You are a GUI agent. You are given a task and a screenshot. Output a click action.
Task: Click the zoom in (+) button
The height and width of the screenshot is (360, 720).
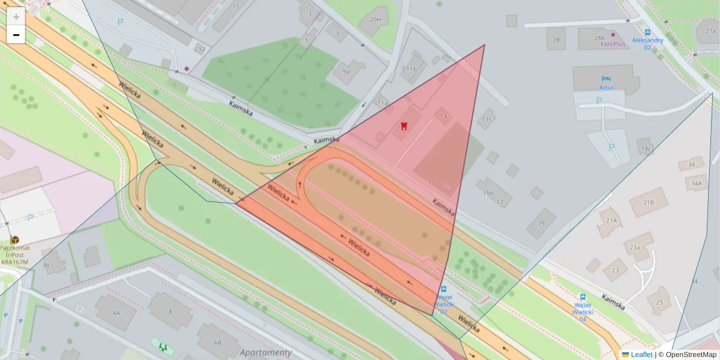tap(16, 17)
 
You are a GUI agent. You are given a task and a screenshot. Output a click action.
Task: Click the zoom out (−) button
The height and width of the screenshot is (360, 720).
tap(16, 35)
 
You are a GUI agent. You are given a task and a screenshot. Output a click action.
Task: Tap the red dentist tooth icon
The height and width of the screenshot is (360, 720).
tap(404, 126)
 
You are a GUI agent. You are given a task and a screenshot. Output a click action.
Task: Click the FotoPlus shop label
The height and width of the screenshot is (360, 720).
tap(613, 43)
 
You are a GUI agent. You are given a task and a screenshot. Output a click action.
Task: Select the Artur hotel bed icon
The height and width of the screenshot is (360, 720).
tap(606, 79)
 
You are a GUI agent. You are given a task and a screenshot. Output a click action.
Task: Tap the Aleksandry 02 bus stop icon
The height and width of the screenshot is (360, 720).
tap(647, 32)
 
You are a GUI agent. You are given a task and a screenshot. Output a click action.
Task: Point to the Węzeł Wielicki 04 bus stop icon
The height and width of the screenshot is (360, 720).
tap(582, 297)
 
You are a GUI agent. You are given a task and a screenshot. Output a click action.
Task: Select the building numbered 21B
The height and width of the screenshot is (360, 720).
tap(649, 202)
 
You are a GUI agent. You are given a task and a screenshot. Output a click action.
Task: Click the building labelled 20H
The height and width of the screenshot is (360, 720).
tap(375, 19)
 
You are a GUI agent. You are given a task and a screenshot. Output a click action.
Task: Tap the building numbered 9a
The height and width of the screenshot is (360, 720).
tap(346, 71)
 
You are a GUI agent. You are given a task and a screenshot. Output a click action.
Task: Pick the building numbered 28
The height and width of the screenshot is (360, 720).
tap(556, 40)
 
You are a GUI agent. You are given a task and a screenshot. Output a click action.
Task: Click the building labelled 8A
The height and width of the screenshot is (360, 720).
tap(115, 313)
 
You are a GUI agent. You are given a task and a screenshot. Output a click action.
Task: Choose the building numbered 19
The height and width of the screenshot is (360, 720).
tap(541, 223)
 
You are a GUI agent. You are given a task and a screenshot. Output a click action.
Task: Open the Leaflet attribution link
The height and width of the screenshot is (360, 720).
tap(641, 355)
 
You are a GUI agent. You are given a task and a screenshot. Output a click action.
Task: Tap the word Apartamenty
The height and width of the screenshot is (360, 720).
tap(265, 353)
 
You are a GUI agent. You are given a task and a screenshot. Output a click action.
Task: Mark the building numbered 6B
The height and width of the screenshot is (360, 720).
tap(217, 342)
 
